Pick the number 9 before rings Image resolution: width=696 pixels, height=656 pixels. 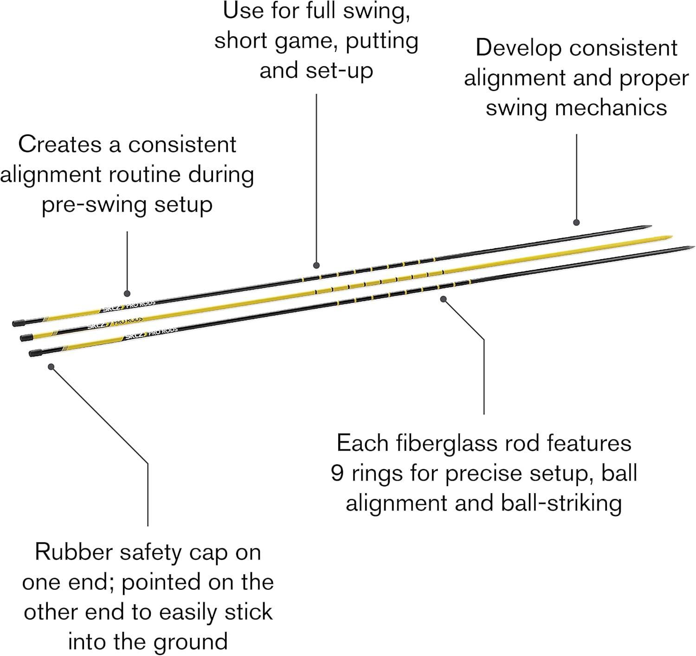(x=338, y=474)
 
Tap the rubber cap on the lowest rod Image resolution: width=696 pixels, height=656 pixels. (x=34, y=353)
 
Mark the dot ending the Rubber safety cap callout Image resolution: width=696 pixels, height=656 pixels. (x=52, y=367)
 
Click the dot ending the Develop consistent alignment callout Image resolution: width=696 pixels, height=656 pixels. (x=576, y=222)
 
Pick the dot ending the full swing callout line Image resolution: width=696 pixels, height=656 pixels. (x=316, y=265)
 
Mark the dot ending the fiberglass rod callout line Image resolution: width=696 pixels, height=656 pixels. (x=443, y=299)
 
